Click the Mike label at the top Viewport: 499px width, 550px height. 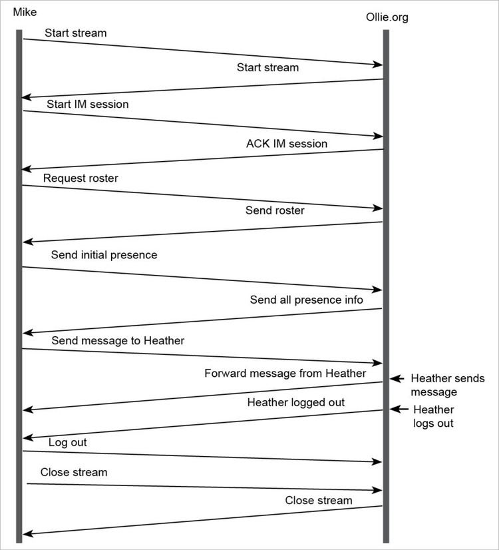[25, 12]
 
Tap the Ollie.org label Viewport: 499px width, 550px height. [387, 17]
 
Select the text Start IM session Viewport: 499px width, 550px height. [88, 104]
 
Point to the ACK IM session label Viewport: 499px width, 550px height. [287, 143]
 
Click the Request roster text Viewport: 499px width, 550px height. [81, 178]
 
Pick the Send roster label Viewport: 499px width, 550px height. [275, 210]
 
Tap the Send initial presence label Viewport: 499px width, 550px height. [104, 255]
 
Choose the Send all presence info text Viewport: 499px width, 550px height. [306, 300]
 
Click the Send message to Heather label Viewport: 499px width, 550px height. [118, 341]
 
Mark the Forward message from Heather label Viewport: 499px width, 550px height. [285, 373]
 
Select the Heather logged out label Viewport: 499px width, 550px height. [296, 402]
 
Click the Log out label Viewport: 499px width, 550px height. [67, 442]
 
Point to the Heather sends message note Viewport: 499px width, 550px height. [448, 385]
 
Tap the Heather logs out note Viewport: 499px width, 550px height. [434, 416]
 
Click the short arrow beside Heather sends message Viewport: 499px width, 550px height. [397, 378]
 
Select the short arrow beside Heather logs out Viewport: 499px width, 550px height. [399, 409]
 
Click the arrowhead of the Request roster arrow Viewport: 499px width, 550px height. [379, 208]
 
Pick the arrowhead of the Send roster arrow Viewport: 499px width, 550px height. [27, 242]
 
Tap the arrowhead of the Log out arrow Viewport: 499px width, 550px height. [378, 462]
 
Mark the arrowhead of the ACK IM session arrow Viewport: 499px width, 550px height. [26, 169]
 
